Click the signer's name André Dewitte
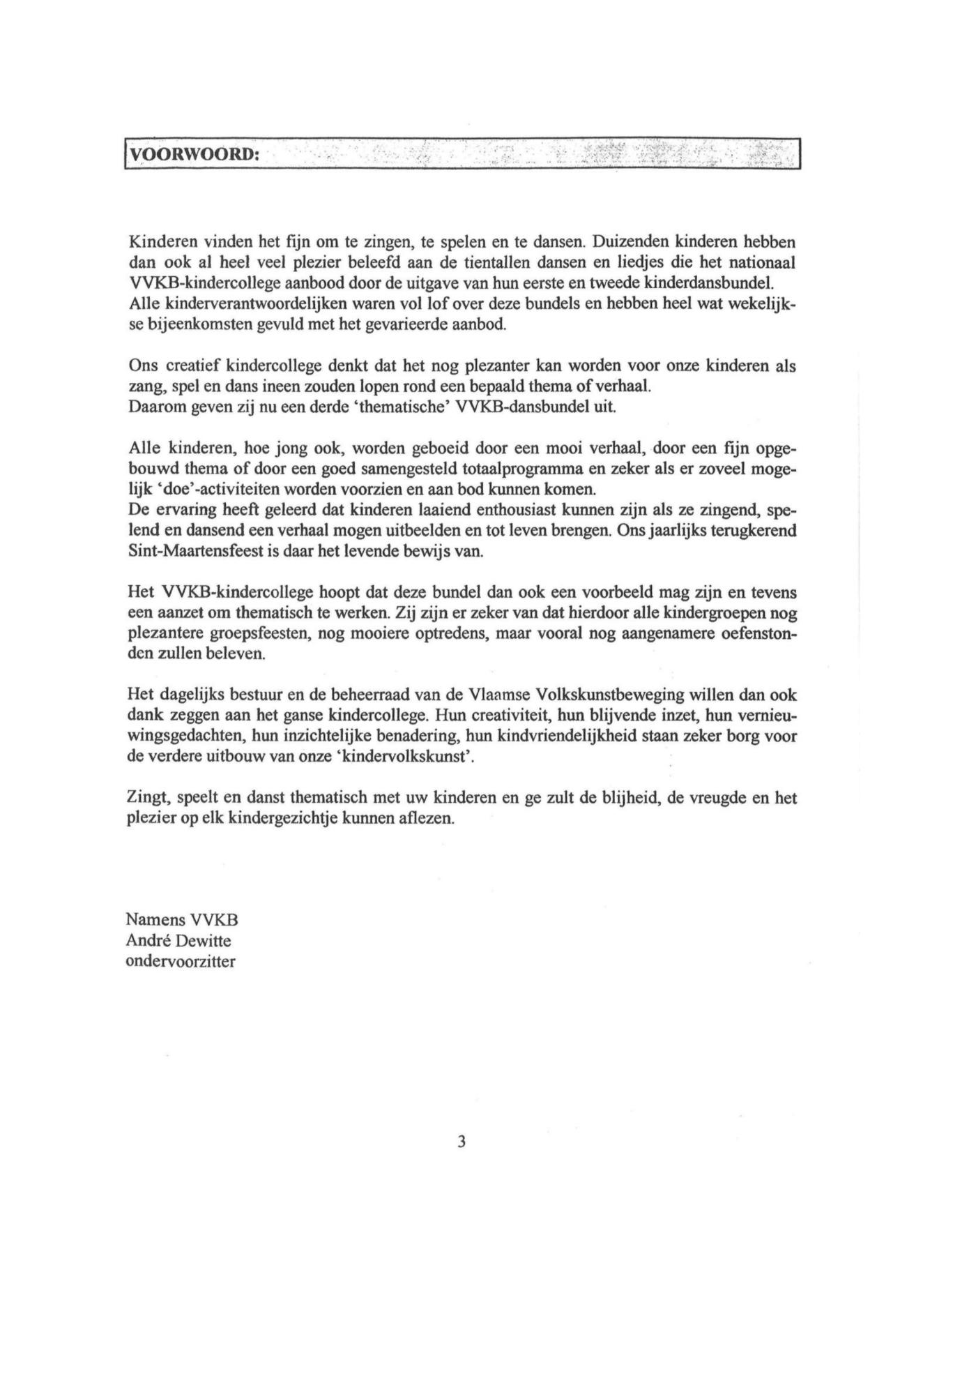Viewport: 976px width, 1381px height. point(178,941)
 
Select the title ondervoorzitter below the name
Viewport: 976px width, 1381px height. point(181,961)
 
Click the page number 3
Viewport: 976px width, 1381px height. point(461,1142)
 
